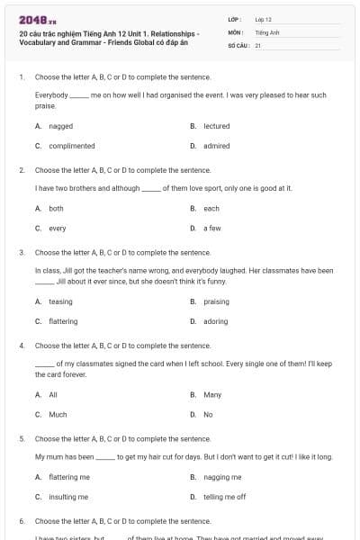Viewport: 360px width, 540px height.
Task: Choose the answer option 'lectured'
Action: [217, 126]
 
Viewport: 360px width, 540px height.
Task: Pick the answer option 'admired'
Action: [216, 146]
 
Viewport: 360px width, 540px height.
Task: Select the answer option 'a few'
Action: [212, 228]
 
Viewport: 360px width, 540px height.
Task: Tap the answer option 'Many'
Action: [212, 394]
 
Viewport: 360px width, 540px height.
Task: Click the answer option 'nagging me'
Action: [222, 477]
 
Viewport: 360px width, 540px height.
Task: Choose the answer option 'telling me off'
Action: [224, 497]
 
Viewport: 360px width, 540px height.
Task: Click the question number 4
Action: [22, 345]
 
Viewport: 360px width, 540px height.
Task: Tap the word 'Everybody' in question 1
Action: [51, 94]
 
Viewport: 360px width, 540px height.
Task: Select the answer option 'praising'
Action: [216, 301]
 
